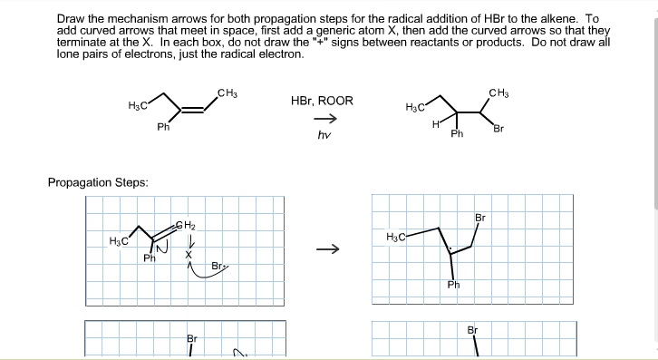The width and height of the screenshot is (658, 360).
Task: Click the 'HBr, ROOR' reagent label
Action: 322,101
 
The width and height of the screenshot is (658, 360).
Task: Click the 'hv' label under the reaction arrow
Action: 322,135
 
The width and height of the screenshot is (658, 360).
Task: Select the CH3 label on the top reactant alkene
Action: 227,92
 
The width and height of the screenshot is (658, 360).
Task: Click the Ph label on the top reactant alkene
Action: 163,127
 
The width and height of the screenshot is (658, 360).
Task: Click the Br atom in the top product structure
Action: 498,128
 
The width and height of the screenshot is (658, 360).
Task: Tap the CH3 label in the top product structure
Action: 498,92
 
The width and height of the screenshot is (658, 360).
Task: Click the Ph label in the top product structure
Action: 457,134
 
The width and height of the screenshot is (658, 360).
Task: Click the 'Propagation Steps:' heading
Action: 98,183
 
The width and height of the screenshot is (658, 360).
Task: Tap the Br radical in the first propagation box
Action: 218,267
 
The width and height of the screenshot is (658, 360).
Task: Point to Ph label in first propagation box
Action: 150,258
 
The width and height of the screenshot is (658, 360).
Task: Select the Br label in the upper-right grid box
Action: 479,219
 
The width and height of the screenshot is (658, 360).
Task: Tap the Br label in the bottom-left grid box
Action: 191,338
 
